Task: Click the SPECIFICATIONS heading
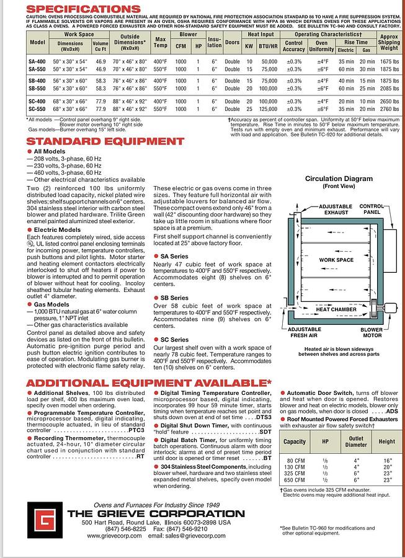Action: pyautogui.click(x=83, y=9)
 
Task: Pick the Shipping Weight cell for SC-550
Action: pyautogui.click(x=389, y=108)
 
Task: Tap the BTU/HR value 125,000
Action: pyautogui.click(x=268, y=108)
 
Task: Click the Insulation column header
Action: pyautogui.click(x=215, y=42)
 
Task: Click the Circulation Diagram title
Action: pyautogui.click(x=339, y=179)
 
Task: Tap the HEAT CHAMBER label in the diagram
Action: pyautogui.click(x=336, y=309)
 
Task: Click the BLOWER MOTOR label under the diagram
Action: pyautogui.click(x=372, y=334)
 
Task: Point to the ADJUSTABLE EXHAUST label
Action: pyautogui.click(x=336, y=210)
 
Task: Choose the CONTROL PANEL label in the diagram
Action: pyautogui.click(x=372, y=210)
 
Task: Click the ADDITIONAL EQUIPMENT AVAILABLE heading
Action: pyautogui.click(x=149, y=383)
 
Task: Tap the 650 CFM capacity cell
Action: pyautogui.click(x=295, y=480)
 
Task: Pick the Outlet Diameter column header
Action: pyautogui.click(x=356, y=441)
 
